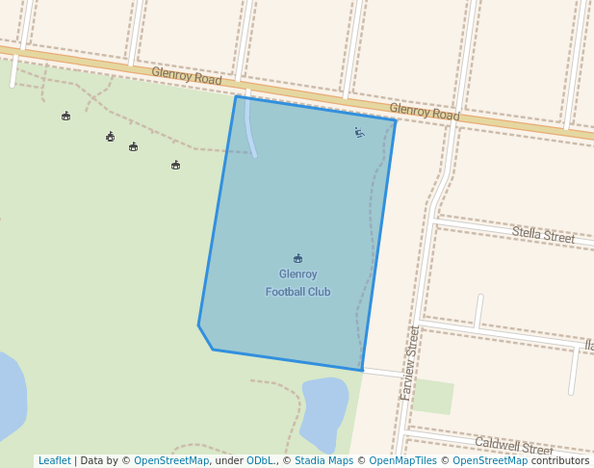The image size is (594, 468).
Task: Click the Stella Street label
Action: click(543, 234)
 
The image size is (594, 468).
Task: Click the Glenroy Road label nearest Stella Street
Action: click(425, 112)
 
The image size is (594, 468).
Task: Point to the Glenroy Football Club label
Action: click(297, 282)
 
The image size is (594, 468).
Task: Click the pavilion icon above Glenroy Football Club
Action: click(297, 258)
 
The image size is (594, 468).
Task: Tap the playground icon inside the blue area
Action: click(359, 133)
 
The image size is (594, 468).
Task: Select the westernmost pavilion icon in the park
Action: click(65, 116)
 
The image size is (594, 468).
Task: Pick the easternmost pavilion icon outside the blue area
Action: click(175, 165)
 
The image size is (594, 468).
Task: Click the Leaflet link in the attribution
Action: click(54, 460)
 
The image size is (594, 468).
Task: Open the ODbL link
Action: click(260, 460)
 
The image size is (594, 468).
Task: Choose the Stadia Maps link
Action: click(323, 460)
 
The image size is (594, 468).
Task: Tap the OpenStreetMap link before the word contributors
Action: click(489, 460)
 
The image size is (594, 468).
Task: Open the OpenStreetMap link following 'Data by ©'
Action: click(171, 460)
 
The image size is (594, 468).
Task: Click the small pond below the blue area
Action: click(324, 409)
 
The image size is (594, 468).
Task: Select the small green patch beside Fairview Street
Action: click(432, 396)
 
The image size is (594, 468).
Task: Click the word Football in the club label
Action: click(285, 292)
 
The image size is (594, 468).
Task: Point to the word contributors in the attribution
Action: click(559, 460)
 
